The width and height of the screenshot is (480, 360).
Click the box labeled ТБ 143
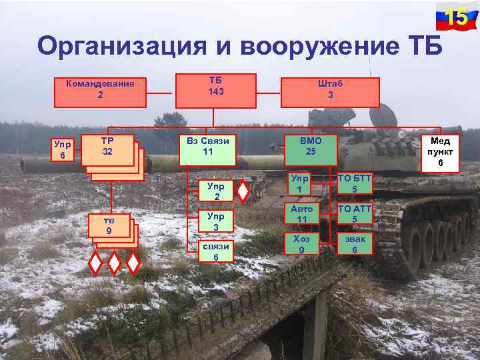click(x=215, y=90)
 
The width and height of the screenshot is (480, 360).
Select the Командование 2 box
click(x=100, y=90)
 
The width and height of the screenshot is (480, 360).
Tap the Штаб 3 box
click(x=330, y=91)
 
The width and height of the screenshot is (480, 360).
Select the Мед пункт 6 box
click(x=440, y=152)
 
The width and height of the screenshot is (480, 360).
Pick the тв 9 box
click(x=107, y=227)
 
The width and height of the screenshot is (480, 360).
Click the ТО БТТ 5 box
click(x=354, y=185)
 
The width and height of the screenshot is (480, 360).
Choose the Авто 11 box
click(x=302, y=214)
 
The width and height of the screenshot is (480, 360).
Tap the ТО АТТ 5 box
click(x=354, y=214)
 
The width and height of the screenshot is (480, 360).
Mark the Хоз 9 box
click(x=302, y=244)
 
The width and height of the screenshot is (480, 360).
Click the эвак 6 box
click(x=354, y=244)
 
